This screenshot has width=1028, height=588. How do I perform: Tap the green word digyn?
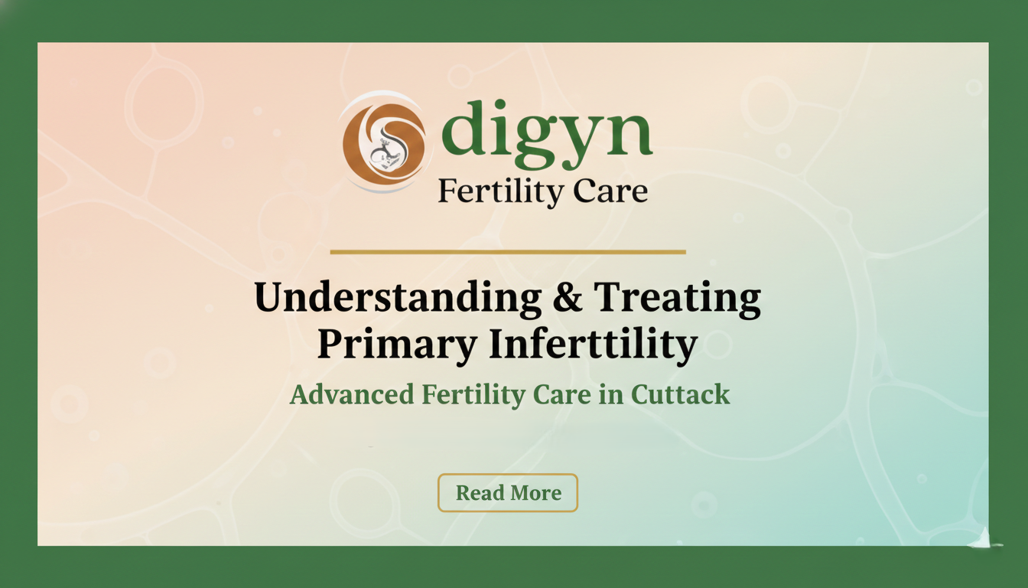point(546,133)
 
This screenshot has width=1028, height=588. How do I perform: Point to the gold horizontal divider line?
point(508,251)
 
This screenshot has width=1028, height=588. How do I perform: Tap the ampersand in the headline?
point(568,298)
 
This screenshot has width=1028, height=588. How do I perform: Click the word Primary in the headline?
point(396,345)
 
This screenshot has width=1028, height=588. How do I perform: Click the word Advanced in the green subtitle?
point(352,395)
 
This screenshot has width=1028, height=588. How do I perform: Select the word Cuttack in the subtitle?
point(681,395)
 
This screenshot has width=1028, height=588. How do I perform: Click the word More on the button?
point(535,493)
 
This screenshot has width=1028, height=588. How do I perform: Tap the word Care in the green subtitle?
point(562,395)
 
